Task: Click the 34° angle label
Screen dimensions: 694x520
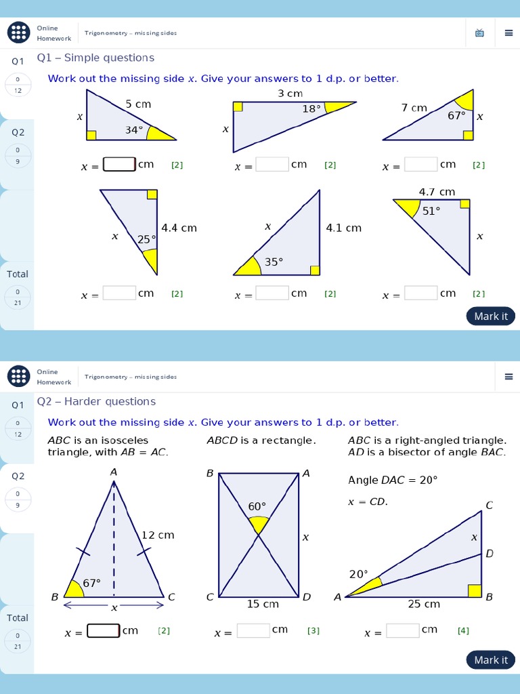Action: click(134, 130)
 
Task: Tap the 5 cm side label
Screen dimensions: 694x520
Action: click(138, 104)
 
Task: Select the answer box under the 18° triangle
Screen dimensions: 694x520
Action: click(272, 165)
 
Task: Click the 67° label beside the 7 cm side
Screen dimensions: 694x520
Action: click(457, 116)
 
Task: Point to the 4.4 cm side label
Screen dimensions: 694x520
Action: click(179, 228)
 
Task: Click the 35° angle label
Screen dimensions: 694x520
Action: click(274, 262)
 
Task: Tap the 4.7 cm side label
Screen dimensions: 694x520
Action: click(437, 192)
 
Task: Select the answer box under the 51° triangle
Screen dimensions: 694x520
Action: click(421, 293)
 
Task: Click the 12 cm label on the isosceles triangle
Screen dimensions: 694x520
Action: click(157, 535)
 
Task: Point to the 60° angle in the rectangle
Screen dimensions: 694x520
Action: click(257, 507)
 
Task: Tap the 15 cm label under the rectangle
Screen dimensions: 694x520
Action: click(262, 604)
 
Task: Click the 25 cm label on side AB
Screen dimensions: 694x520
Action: click(424, 604)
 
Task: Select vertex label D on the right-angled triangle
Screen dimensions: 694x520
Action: click(490, 554)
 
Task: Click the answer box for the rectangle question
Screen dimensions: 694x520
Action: click(253, 631)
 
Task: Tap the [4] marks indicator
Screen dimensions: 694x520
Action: click(463, 631)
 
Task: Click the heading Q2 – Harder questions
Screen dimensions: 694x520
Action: click(96, 401)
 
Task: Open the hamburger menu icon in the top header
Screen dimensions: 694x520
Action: click(508, 33)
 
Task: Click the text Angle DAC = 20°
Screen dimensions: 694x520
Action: click(393, 480)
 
